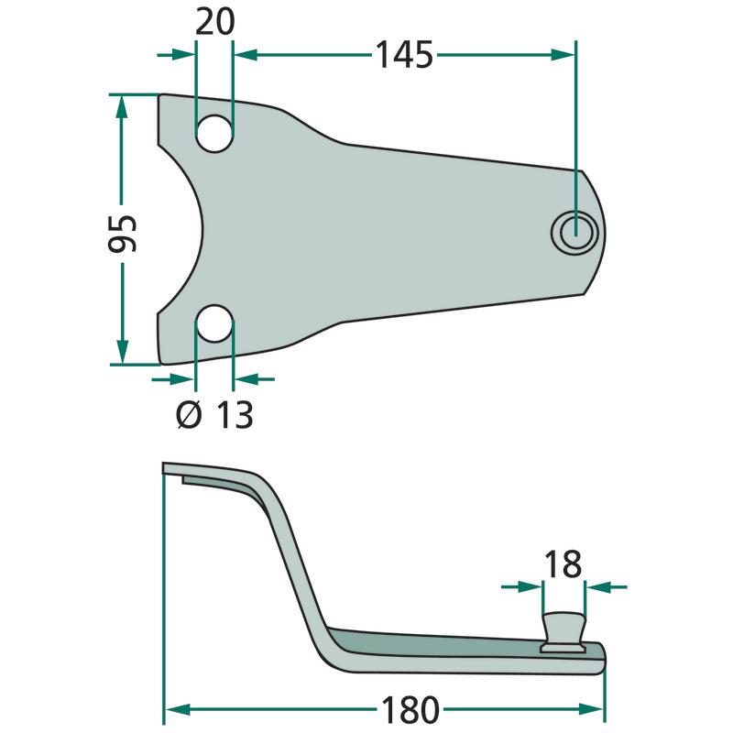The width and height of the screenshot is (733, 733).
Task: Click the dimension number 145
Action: [404, 55]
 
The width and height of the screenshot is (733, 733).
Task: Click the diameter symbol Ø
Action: [188, 415]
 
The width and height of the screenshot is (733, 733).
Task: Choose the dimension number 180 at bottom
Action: [410, 710]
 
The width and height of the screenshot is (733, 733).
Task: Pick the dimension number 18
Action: [562, 564]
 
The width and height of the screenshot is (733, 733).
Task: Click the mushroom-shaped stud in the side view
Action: [562, 629]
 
